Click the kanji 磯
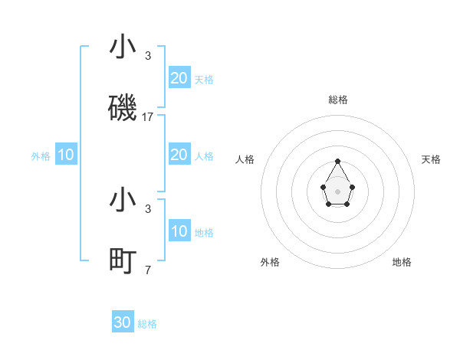pos(123,108)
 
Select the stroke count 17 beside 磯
pos(148,117)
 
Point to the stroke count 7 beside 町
pos(148,270)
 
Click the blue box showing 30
pos(123,322)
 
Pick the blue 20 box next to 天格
pos(179,77)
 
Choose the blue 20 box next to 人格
pos(179,155)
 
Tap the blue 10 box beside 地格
pos(179,231)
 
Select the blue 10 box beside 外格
pos(66,155)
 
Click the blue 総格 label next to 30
pos(147,324)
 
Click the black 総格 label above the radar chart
pos(337,100)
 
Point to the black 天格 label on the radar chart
pos(431,159)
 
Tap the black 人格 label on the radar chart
pos(245,159)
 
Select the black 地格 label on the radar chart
pos(402,262)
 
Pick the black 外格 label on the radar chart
pos(270,262)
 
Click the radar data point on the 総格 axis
pos(337,161)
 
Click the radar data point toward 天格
pos(352,186)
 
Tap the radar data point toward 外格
pos(328,205)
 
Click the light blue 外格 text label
pos(41,156)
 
